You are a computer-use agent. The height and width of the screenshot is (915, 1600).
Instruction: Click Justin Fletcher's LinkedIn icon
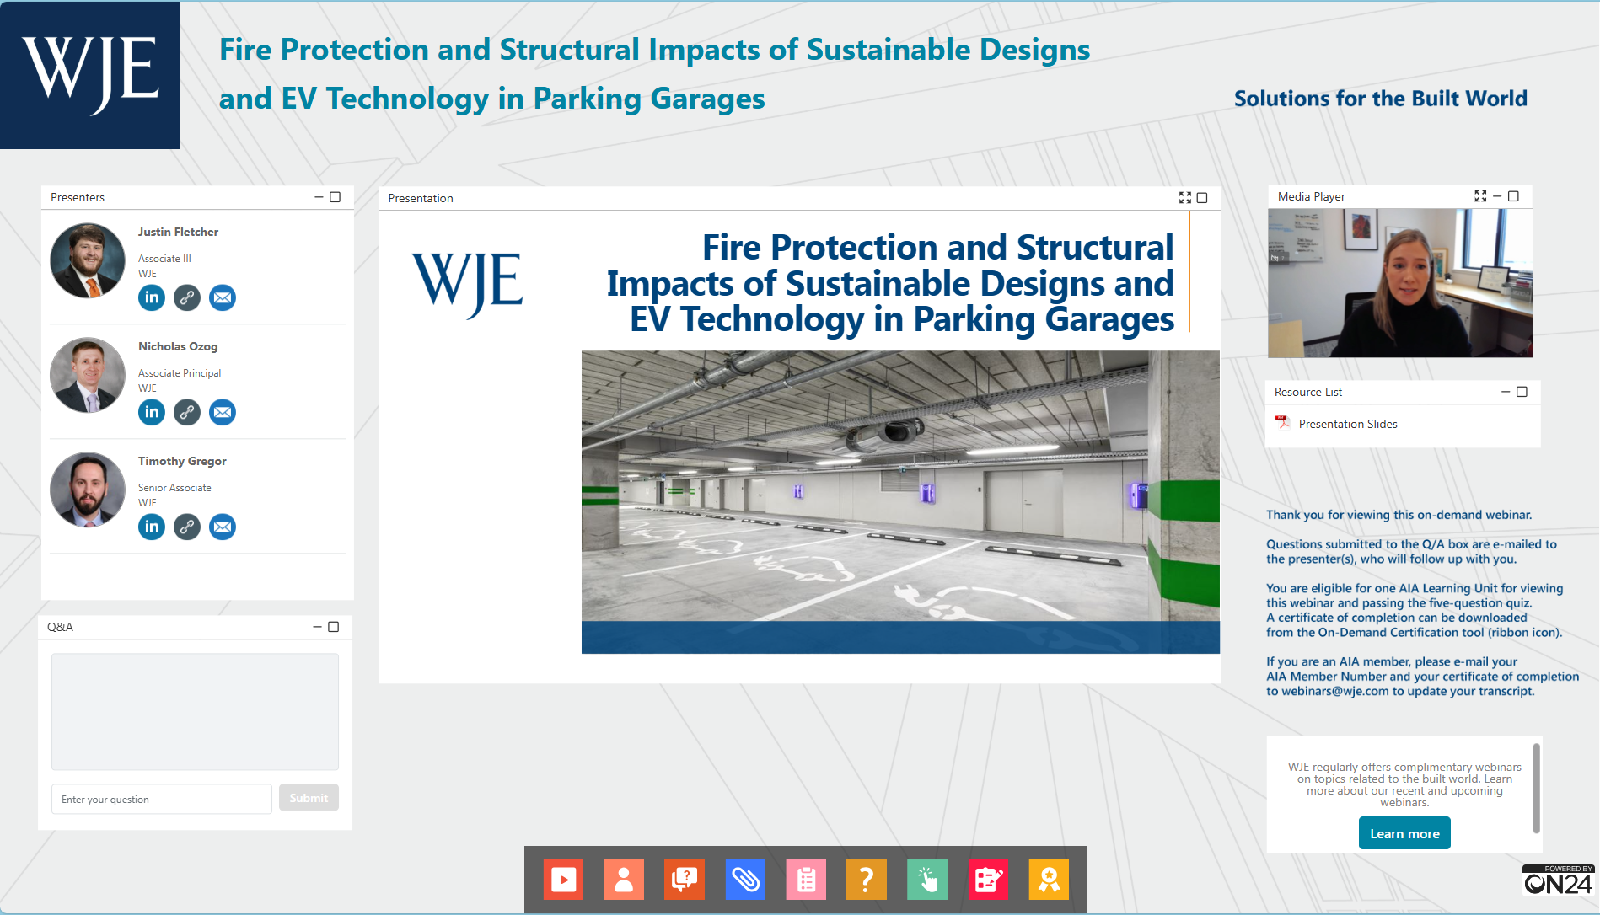point(152,297)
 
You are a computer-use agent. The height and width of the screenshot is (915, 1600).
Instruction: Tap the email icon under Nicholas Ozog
point(223,412)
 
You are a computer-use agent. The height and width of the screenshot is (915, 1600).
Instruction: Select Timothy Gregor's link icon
point(187,527)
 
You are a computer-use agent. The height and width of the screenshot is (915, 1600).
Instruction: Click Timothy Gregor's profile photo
point(88,490)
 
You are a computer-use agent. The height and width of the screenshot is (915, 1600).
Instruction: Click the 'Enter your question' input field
point(162,799)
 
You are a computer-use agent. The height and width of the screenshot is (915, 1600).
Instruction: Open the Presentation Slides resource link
point(1348,424)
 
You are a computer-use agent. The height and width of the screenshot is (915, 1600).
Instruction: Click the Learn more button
point(1404,833)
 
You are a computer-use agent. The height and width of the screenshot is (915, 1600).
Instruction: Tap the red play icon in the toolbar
point(563,880)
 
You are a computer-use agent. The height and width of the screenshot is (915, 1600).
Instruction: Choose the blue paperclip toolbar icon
point(745,880)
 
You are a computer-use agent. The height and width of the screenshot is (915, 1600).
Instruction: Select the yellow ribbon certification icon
point(1049,880)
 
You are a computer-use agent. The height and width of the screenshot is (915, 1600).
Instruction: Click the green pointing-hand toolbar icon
point(927,880)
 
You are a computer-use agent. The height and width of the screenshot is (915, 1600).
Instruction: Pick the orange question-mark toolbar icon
point(867,880)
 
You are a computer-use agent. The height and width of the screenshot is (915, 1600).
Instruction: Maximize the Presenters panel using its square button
point(335,197)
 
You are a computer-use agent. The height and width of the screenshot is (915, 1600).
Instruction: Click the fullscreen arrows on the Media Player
point(1480,196)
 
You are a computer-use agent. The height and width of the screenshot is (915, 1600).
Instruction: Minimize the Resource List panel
point(1506,392)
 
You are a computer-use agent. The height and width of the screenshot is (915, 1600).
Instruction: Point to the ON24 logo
point(1558,880)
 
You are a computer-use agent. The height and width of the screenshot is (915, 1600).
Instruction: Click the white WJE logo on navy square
point(90,75)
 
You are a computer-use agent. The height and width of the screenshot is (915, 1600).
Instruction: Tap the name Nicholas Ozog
point(178,346)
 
